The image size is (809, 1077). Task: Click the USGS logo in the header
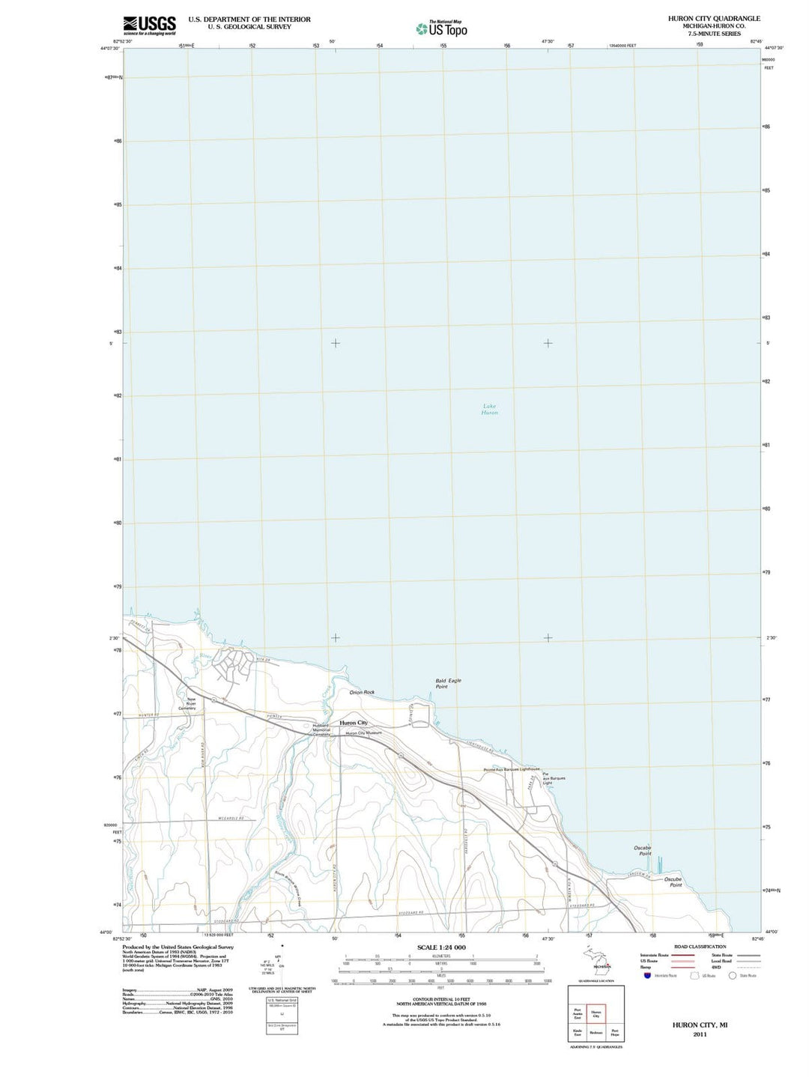(149, 25)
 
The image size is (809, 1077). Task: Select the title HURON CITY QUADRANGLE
(713, 18)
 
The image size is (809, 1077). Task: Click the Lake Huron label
(489, 410)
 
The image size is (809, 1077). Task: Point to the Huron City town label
(354, 723)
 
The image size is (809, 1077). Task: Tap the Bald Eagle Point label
(448, 683)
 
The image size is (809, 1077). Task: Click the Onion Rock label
(362, 692)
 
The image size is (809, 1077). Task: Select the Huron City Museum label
(363, 732)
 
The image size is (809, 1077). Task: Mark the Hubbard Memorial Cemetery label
(321, 729)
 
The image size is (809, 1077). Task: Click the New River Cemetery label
(191, 704)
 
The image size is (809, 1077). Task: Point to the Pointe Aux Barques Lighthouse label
(512, 769)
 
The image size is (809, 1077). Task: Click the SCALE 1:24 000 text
(441, 947)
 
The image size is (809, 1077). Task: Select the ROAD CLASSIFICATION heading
(700, 947)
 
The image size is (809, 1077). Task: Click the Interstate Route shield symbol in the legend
(646, 975)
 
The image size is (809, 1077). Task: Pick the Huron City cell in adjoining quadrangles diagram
(596, 1014)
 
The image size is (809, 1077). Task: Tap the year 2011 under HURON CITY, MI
(700, 1034)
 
